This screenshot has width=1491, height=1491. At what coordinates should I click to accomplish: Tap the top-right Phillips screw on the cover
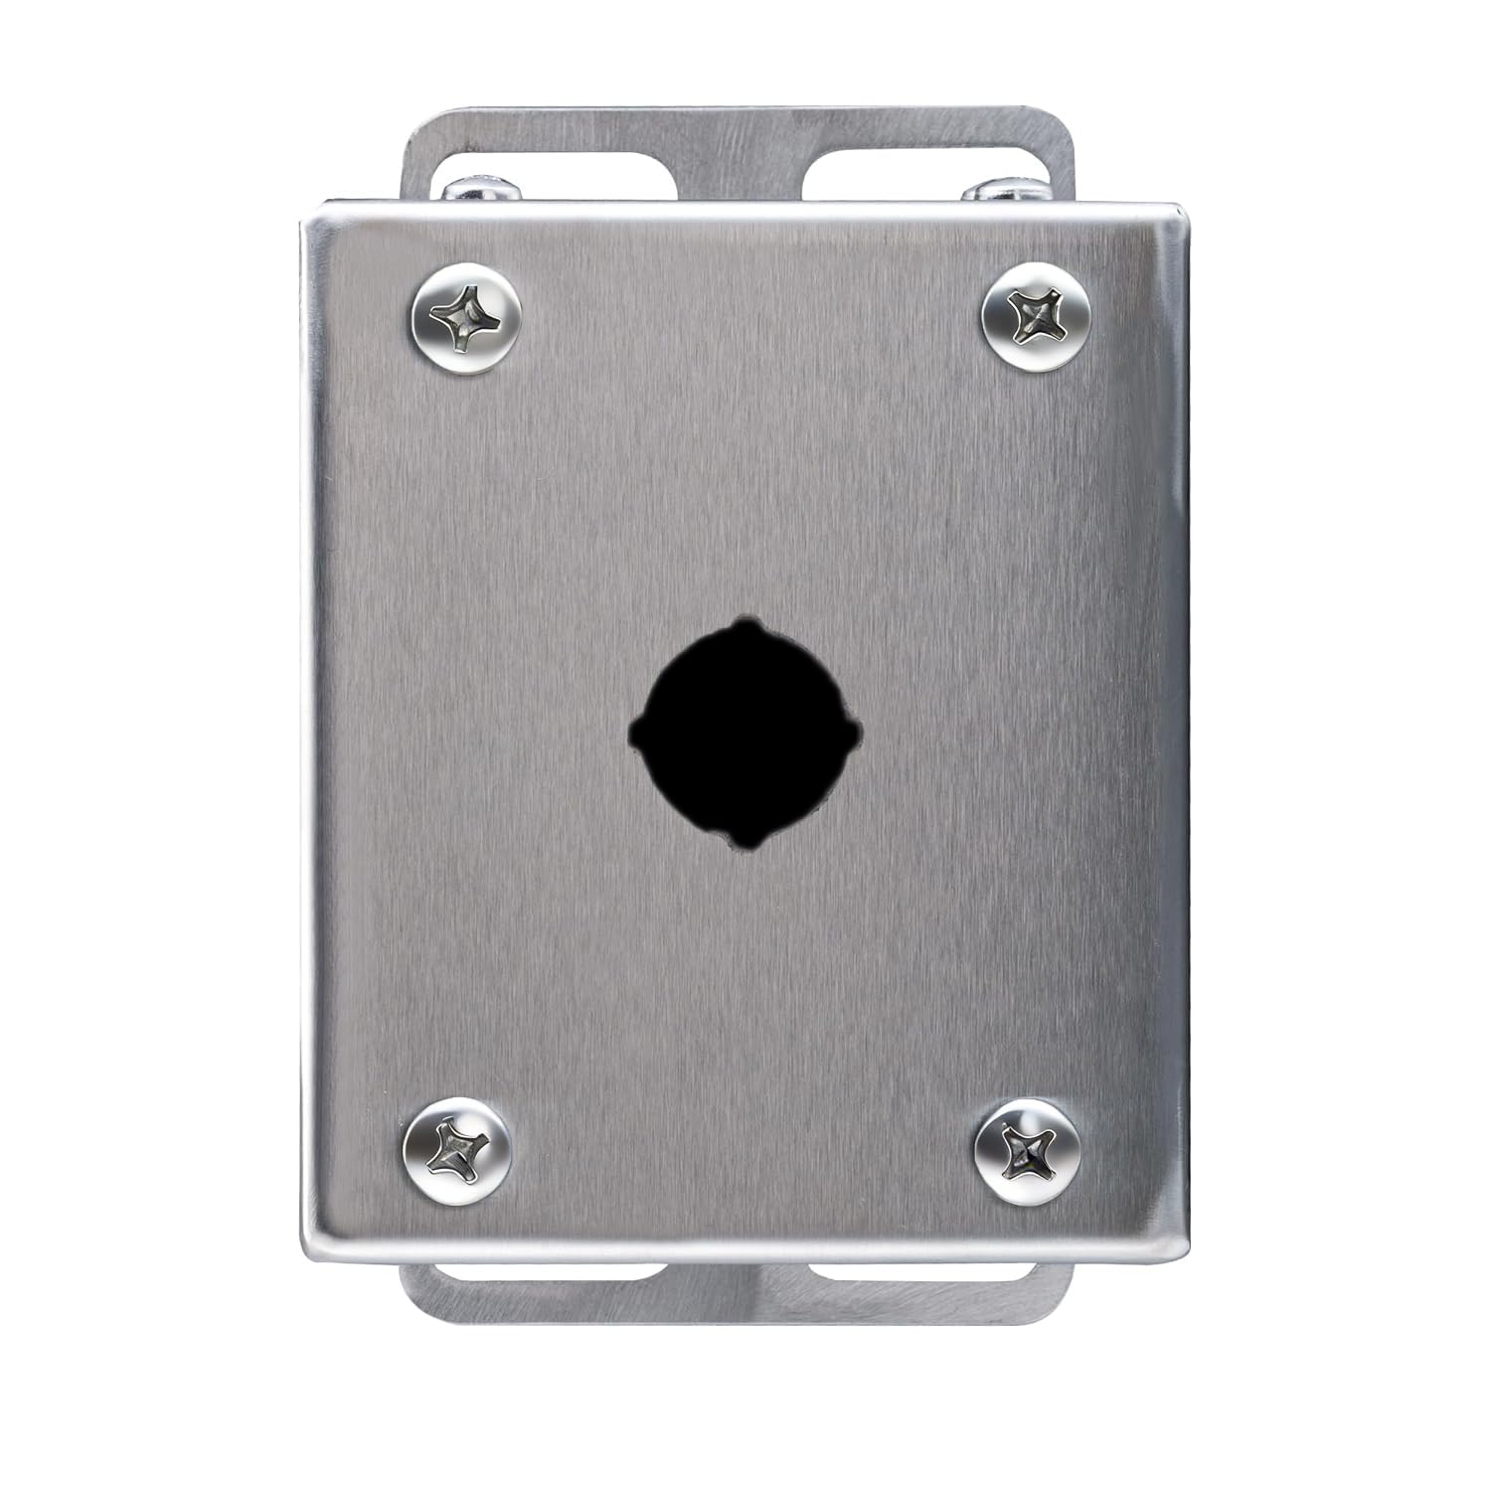(x=1036, y=316)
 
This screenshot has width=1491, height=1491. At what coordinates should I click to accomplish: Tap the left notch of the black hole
(x=634, y=734)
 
